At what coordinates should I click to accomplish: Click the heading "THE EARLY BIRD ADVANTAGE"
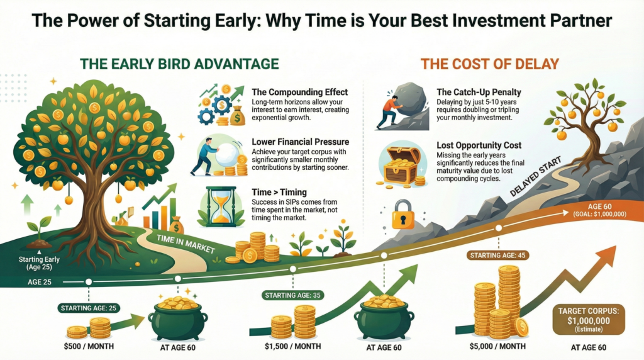(179, 64)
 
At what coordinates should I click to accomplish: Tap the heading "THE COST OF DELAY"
(489, 64)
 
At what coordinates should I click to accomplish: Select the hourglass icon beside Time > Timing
(222, 206)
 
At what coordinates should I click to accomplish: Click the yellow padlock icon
(403, 215)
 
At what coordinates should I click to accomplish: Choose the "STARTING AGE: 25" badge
(89, 308)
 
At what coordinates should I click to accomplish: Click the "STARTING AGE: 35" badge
(293, 295)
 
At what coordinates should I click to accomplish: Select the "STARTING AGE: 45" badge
(498, 255)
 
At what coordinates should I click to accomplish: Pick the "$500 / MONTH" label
(89, 346)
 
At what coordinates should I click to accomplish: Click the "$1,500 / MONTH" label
(293, 346)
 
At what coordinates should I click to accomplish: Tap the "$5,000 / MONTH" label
(497, 346)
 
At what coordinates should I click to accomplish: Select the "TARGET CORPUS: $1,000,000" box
(589, 319)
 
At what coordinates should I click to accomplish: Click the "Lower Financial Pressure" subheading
(300, 142)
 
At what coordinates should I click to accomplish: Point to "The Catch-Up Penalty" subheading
(479, 92)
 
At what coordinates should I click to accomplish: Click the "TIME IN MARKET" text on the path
(186, 244)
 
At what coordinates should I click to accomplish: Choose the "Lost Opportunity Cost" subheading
(479, 145)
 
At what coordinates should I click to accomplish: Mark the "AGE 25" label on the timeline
(40, 283)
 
